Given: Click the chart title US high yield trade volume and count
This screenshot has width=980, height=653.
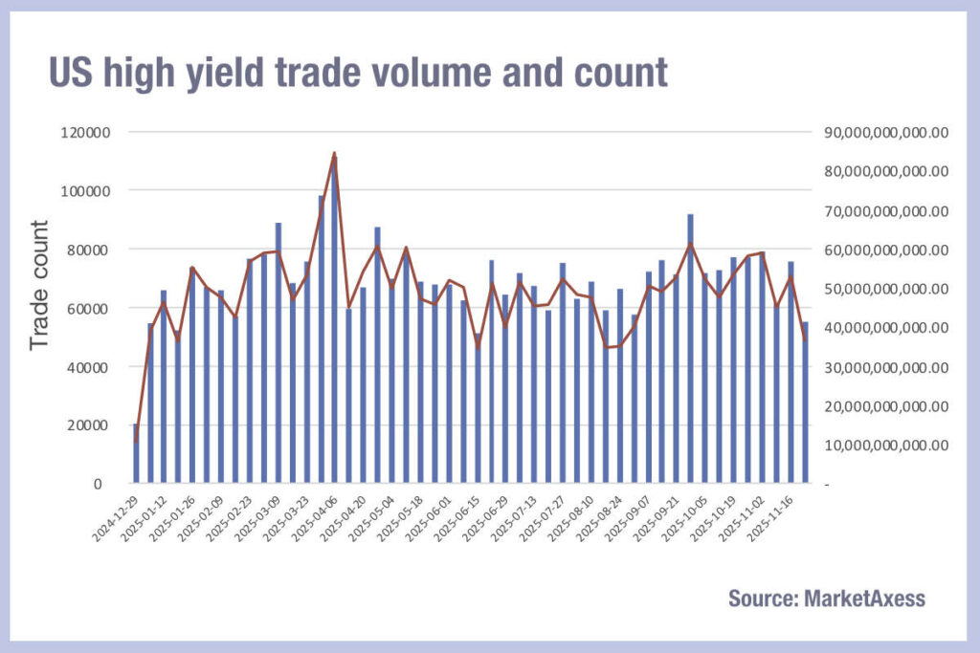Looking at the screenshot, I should click(358, 72).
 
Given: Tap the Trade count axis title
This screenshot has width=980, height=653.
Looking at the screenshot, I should click(39, 285).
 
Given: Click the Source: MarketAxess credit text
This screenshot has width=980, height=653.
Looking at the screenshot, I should click(826, 599).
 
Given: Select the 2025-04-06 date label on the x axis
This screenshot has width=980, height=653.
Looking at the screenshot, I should click(315, 522).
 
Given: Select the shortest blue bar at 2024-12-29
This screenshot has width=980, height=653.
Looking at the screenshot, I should click(136, 455).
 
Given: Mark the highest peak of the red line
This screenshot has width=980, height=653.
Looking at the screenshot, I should click(335, 153).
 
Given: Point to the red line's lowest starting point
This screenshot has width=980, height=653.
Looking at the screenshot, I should click(136, 442).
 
